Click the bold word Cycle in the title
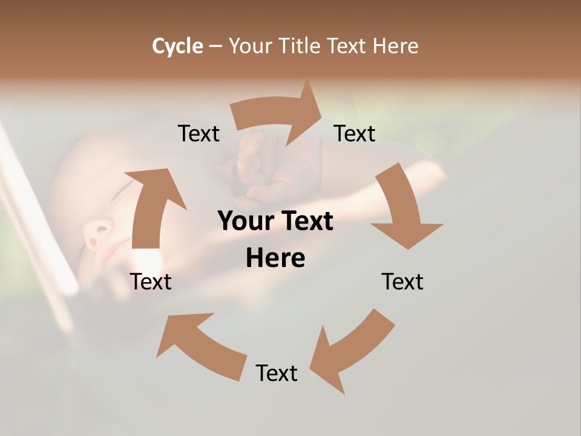[177, 46]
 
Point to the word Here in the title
[395, 46]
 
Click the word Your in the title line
[251, 46]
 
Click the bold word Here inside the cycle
[275, 258]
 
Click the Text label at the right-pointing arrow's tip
[355, 133]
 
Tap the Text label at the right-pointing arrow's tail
[199, 133]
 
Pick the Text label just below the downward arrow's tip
[402, 282]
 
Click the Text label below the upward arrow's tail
[151, 282]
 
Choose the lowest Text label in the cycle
[277, 373]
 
